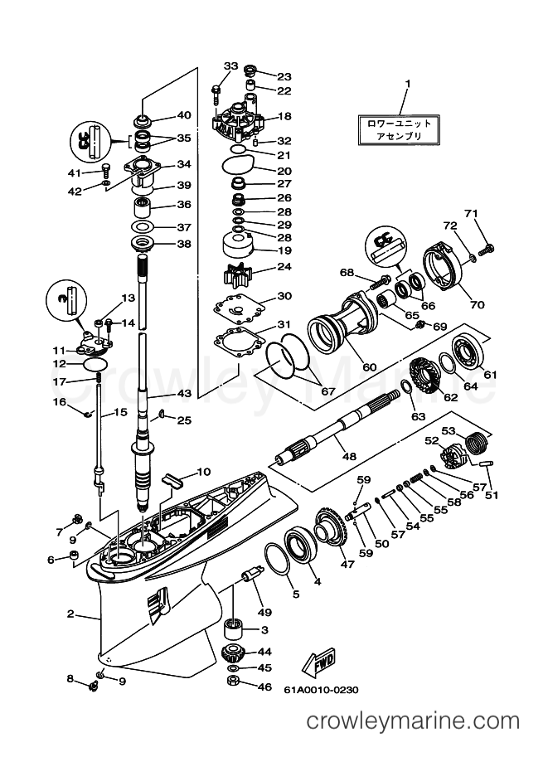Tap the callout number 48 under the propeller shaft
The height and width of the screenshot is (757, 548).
point(349,456)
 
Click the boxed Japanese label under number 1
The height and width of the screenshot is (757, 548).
point(399,130)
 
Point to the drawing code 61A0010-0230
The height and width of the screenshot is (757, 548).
point(321,689)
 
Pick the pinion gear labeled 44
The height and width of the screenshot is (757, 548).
point(233,654)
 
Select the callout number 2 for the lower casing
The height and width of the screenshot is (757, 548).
point(70,614)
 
